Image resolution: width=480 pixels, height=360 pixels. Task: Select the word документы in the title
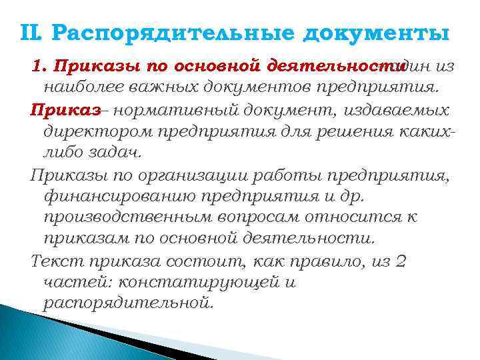(x=376, y=34)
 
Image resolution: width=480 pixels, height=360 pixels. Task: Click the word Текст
(x=55, y=260)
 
